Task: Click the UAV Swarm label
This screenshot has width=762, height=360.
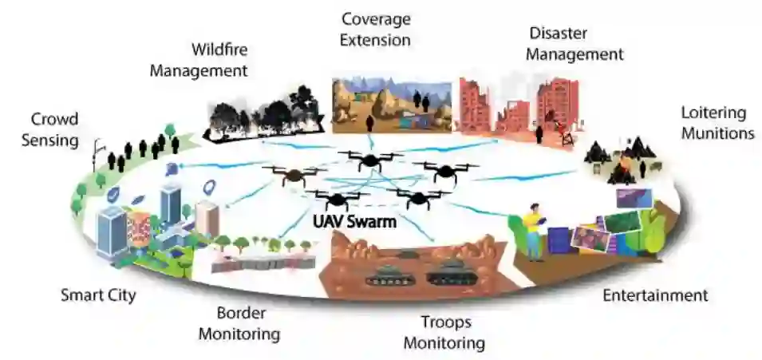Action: tap(355, 222)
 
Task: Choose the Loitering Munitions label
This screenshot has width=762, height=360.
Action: tap(717, 122)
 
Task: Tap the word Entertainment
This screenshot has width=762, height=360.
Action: tap(654, 295)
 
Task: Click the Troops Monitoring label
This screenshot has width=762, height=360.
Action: tap(444, 333)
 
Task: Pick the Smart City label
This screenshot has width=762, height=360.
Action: tap(98, 295)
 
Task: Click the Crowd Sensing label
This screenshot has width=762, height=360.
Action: tap(55, 130)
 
